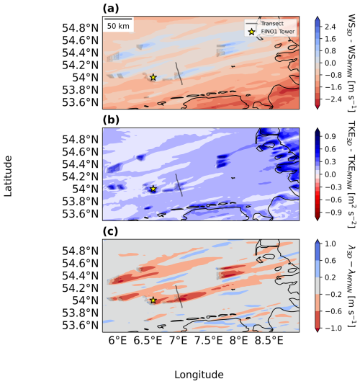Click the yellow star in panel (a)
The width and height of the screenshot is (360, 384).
(x=153, y=77)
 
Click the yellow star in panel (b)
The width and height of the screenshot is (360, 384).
(x=153, y=189)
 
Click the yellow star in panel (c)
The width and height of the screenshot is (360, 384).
(x=153, y=300)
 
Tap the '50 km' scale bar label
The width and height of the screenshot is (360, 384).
(x=118, y=26)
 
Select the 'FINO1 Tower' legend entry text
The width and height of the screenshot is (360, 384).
(x=278, y=32)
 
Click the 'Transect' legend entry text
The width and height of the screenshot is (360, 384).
(x=272, y=24)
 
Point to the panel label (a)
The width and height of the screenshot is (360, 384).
(x=111, y=9)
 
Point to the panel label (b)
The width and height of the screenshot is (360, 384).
(x=111, y=120)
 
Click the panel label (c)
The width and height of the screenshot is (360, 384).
(x=110, y=231)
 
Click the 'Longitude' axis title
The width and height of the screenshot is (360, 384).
(x=199, y=375)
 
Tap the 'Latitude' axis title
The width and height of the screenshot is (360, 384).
(x=8, y=176)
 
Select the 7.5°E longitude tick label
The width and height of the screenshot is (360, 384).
(x=209, y=340)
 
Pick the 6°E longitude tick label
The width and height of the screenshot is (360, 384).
(x=117, y=340)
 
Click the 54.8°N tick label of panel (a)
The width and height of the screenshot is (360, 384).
(x=80, y=28)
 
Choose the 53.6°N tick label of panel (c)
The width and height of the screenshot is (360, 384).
(x=80, y=326)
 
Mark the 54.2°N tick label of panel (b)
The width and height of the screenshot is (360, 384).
(x=80, y=177)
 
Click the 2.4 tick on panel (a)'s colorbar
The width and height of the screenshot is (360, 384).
(x=330, y=27)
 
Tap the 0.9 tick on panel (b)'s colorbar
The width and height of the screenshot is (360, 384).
(x=330, y=136)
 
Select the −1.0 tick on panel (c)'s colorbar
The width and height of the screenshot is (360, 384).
(x=333, y=328)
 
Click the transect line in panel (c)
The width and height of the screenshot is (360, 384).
(x=179, y=297)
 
